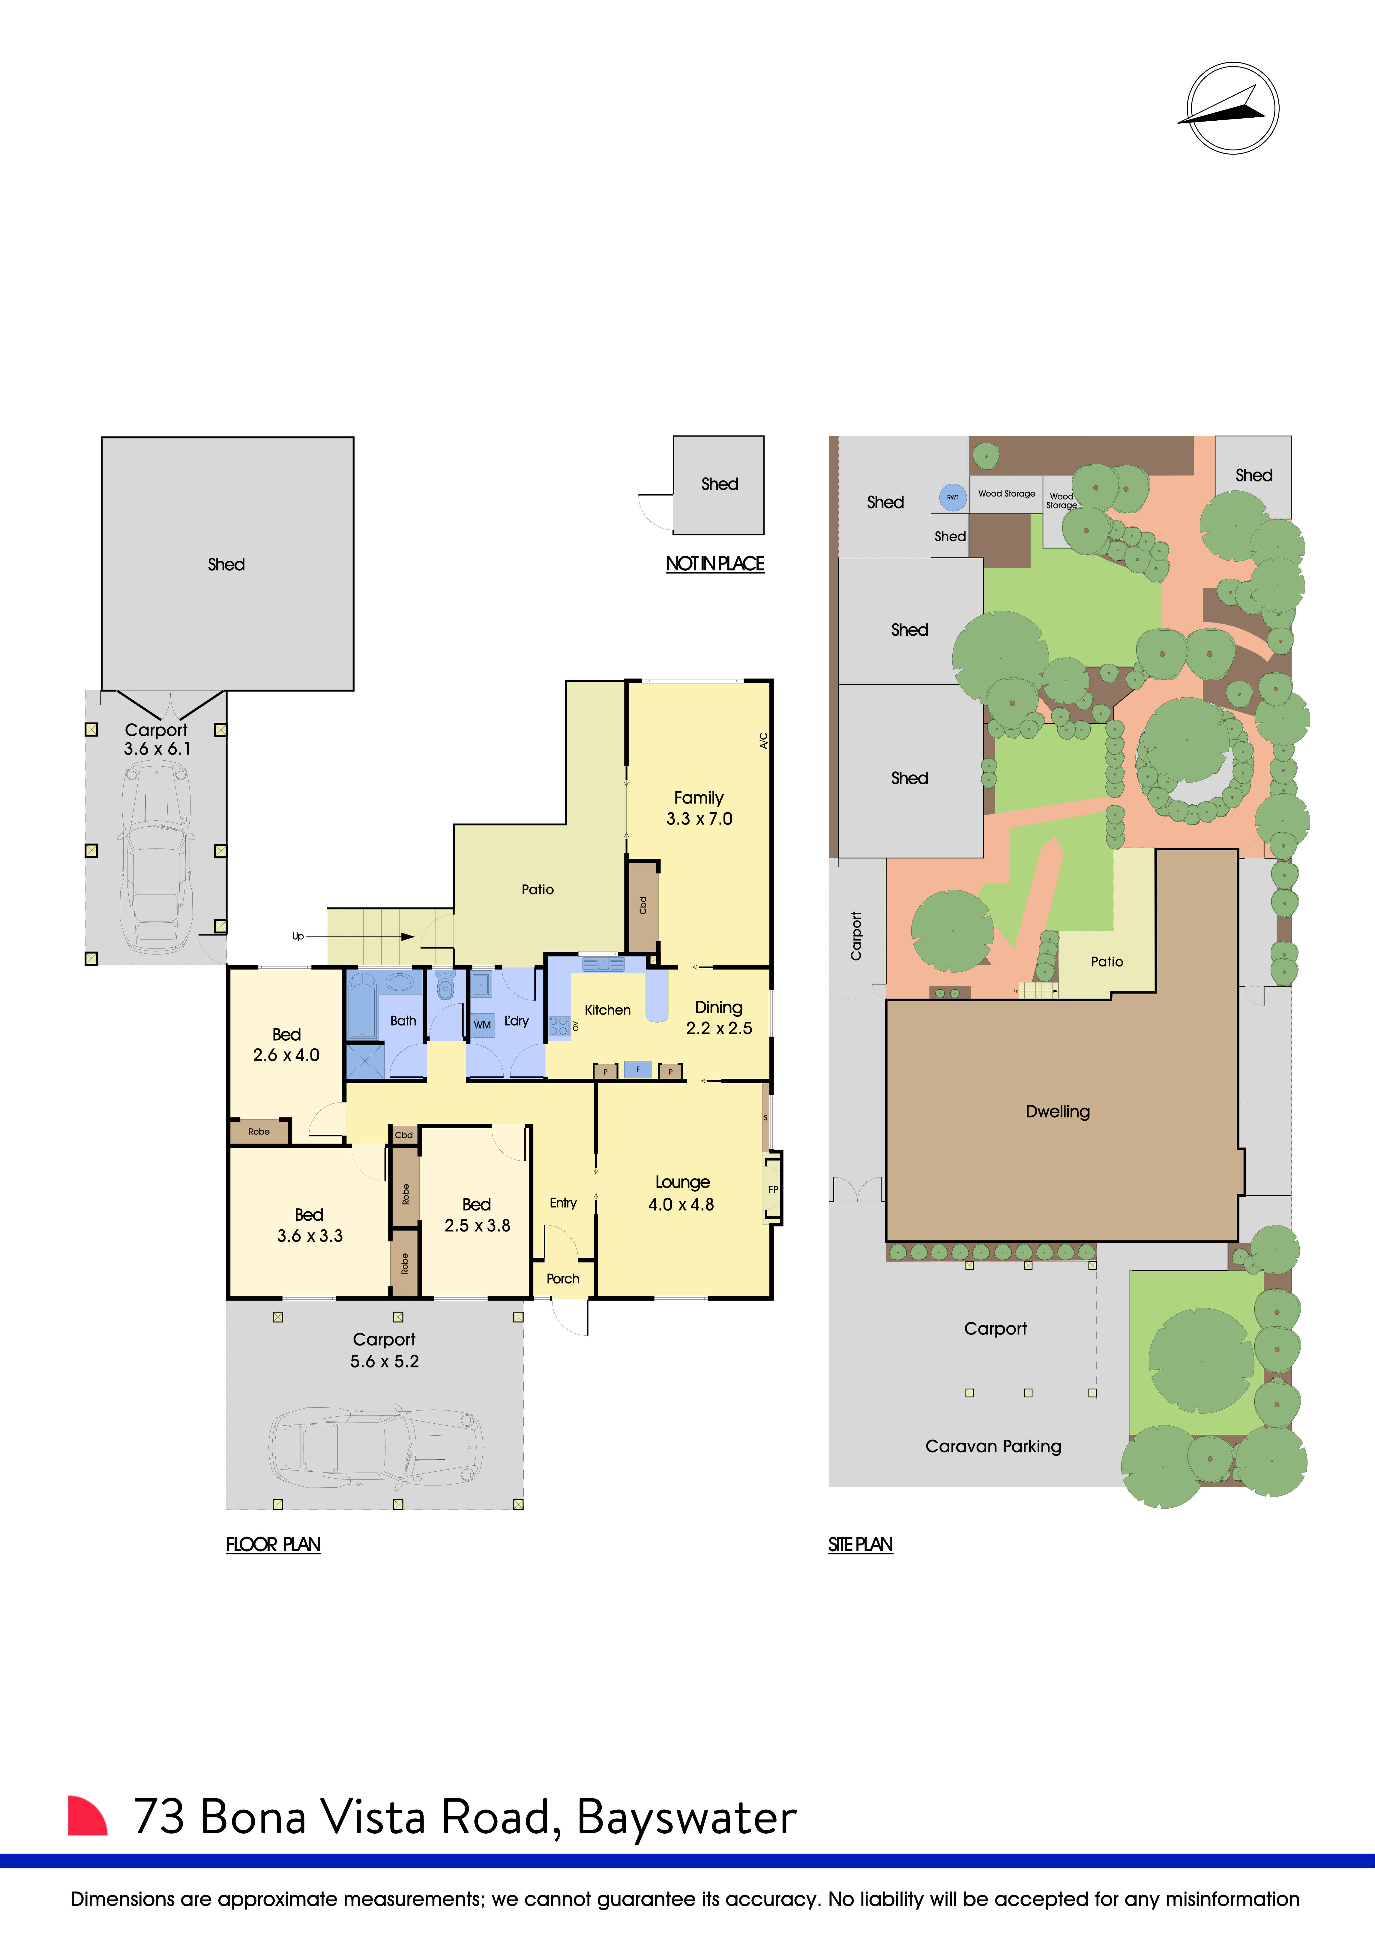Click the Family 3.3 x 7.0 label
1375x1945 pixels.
(699, 808)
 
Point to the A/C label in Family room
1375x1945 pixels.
(763, 740)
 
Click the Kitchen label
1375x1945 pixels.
(607, 1010)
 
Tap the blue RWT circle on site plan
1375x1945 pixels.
(952, 497)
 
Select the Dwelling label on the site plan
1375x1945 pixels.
(1058, 1111)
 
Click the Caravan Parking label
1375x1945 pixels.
(993, 1446)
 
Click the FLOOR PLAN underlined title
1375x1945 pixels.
(273, 1544)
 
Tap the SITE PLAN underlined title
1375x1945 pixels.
(860, 1544)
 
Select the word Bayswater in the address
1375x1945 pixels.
(686, 1817)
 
